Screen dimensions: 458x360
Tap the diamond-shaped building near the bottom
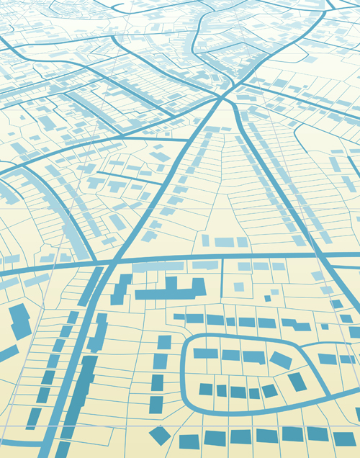(160, 434)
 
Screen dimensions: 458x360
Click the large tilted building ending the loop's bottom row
(297, 382)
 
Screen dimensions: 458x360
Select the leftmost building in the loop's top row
(205, 354)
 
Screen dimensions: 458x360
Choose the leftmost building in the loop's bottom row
(206, 390)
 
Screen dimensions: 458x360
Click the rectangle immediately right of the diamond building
(189, 441)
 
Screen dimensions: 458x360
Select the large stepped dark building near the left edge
(19, 321)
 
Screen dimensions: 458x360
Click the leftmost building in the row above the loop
(176, 318)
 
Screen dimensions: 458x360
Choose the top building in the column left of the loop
(164, 341)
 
